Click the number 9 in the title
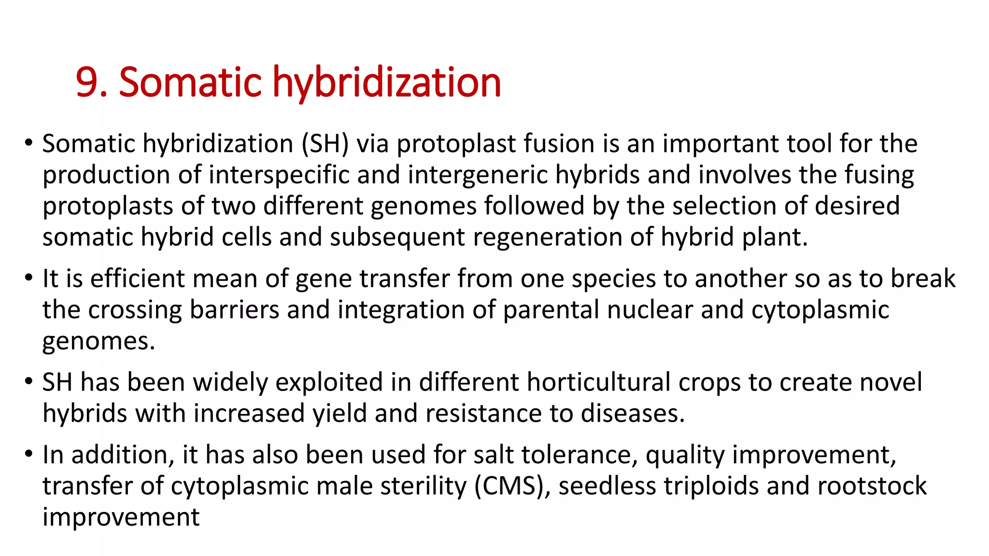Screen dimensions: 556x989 87,83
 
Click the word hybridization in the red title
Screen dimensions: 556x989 387,83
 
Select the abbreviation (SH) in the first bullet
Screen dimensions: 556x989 325,144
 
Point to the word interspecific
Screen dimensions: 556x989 279,175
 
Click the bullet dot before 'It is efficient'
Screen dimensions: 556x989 29,278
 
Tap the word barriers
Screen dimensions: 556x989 234,309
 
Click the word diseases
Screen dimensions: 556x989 632,414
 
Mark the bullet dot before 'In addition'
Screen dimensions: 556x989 29,454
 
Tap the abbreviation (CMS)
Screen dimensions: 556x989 512,486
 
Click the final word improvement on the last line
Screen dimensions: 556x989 121,517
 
